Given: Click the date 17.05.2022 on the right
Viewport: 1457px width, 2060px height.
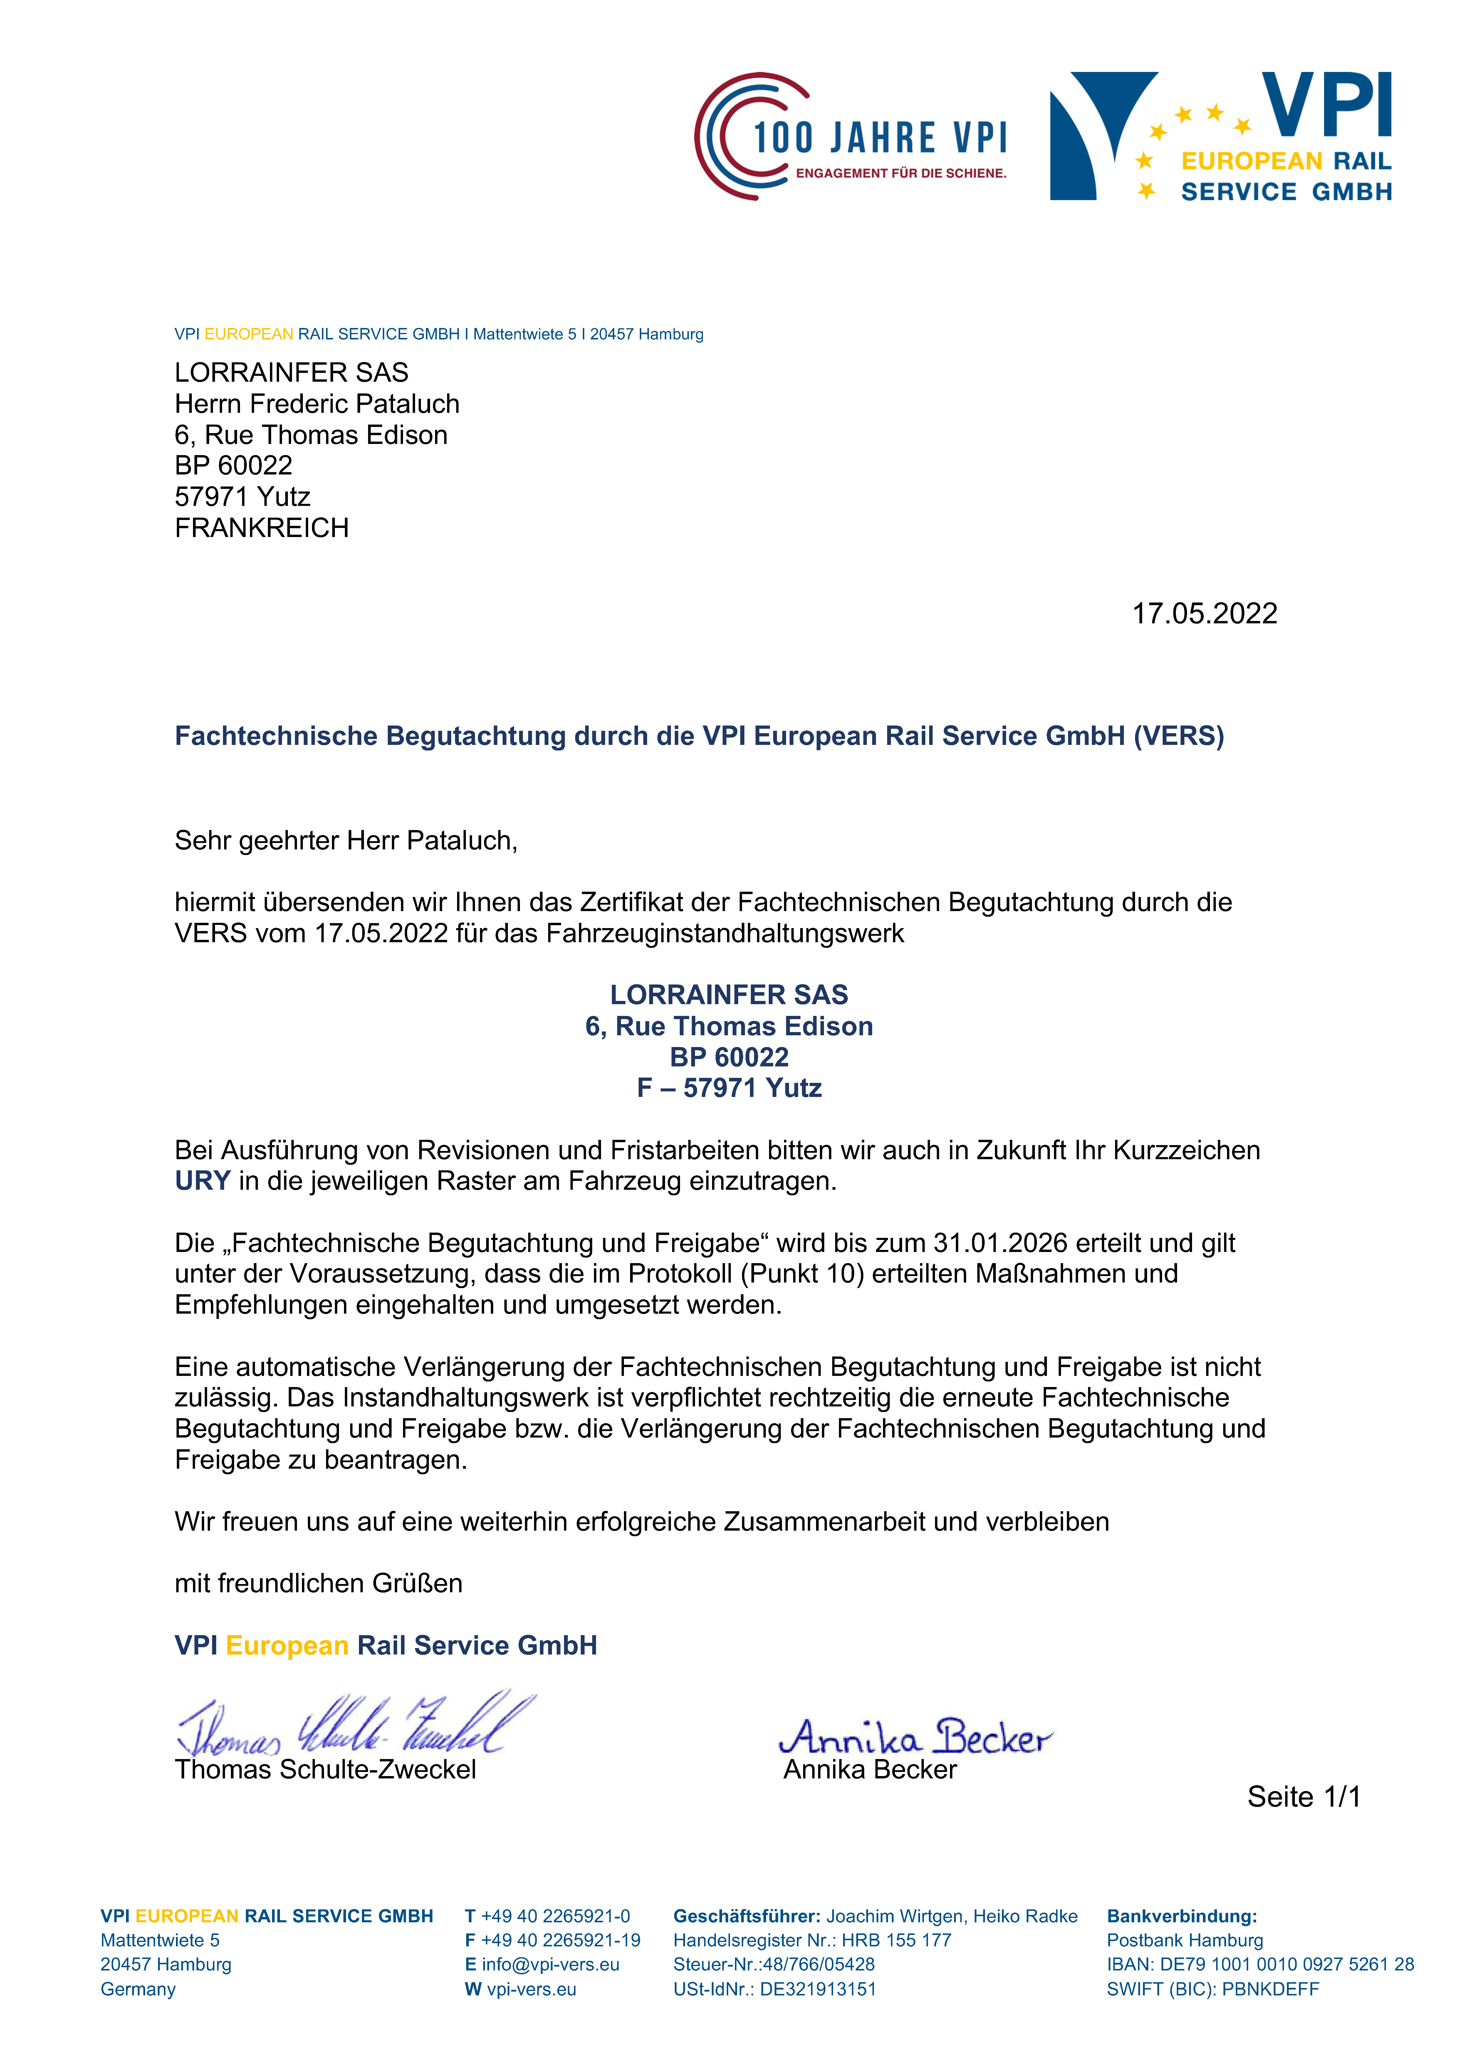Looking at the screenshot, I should (1204, 614).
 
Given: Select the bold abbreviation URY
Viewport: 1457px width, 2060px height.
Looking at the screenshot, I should (202, 1181).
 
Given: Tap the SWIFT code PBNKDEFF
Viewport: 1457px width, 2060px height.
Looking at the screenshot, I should (1270, 1989).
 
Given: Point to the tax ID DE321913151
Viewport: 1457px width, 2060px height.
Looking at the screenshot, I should (817, 1989).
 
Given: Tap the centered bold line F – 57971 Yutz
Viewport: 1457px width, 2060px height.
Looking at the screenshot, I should (729, 1088).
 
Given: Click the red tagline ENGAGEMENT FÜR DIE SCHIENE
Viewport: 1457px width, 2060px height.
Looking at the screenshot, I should (900, 173).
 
